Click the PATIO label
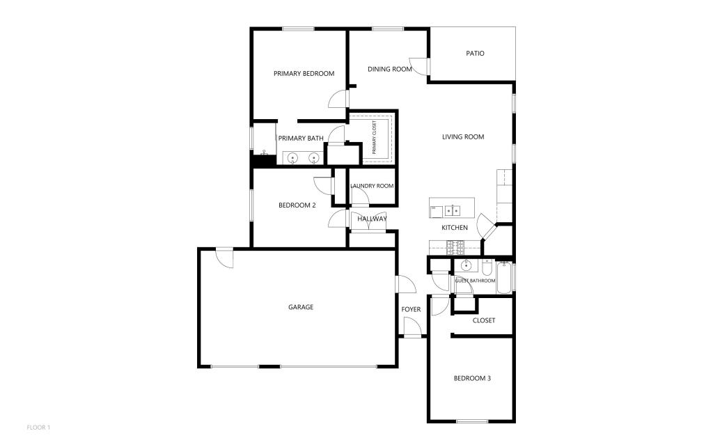click(x=475, y=53)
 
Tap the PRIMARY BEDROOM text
click(x=304, y=73)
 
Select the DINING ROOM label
click(x=390, y=69)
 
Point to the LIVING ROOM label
click(x=463, y=136)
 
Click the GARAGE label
click(x=301, y=307)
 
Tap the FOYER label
click(x=411, y=309)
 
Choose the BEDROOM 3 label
click(x=472, y=378)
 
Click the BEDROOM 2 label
click(x=297, y=205)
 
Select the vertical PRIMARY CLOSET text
click(x=374, y=137)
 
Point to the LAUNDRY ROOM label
click(x=372, y=186)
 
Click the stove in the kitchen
click(x=455, y=248)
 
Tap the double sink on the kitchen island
click(x=452, y=211)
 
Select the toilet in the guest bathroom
click(x=487, y=267)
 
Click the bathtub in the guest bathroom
click(x=504, y=278)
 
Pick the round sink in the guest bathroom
click(x=466, y=265)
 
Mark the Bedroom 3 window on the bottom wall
click(x=472, y=421)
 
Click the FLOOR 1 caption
click(x=38, y=428)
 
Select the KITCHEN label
click(x=455, y=228)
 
